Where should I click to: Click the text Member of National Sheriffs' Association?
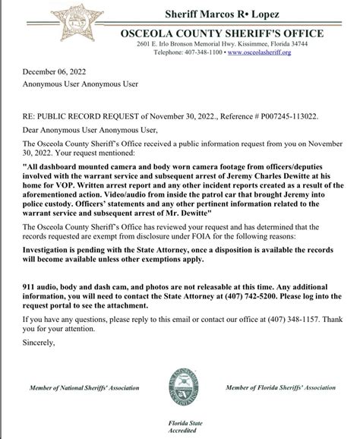coord(84,388)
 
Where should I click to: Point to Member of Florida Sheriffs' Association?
coord(280,387)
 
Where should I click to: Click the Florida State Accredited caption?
coord(180,427)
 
